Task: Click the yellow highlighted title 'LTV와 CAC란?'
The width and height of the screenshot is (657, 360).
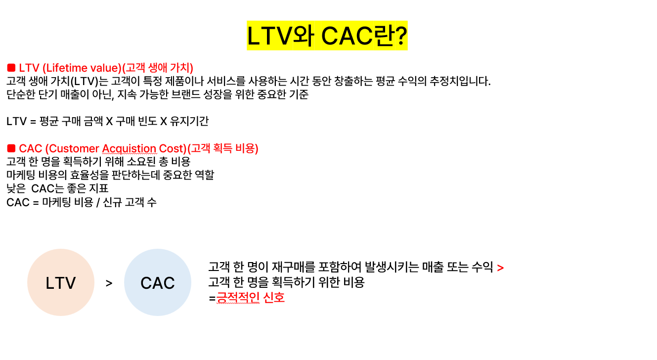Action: coord(327,36)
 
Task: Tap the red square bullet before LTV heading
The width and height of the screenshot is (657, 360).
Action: coord(11,68)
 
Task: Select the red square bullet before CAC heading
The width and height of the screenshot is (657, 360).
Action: coord(11,148)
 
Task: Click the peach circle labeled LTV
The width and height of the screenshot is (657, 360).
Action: coord(61,282)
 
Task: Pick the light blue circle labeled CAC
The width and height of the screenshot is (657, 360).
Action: coord(158,282)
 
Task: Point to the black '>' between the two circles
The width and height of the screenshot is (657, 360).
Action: coord(109,283)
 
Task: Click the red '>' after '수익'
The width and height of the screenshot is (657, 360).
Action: coord(500,268)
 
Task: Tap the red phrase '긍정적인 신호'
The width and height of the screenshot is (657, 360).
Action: coord(251,298)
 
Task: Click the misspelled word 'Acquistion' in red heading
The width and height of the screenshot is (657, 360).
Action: coord(129,148)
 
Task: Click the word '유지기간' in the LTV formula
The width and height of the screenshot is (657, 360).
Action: coord(189,121)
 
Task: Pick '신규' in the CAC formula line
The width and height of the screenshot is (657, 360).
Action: coord(112,202)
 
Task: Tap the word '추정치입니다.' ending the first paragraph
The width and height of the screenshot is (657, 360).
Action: coord(460,81)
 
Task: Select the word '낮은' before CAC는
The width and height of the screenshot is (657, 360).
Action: coord(16,188)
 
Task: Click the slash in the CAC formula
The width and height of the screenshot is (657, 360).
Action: coord(98,202)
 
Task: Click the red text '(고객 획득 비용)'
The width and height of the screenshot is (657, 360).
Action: coord(222,148)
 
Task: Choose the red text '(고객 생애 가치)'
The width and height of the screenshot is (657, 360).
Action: coord(158,68)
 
